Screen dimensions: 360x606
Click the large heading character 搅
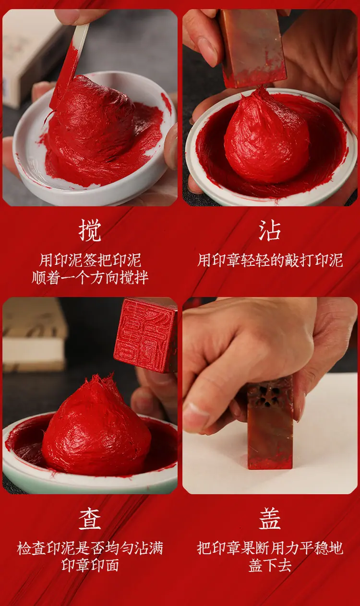[x=90, y=230]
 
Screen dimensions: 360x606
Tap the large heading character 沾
[x=270, y=230]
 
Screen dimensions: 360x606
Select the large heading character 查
[x=90, y=518]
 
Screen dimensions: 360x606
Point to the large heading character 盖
[x=270, y=518]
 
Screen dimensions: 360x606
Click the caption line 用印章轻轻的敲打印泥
[x=270, y=260]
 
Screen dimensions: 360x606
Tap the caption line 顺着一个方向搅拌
[x=90, y=277]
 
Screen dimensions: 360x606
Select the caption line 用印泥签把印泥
[x=90, y=260]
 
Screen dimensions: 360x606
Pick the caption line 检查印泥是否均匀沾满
[x=90, y=548]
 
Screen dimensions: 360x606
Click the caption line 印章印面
[x=90, y=565]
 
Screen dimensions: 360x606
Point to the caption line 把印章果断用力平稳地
[x=270, y=548]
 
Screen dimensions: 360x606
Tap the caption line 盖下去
[x=270, y=565]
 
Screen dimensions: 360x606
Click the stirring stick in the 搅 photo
[x=70, y=65]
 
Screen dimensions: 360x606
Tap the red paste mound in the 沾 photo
[x=266, y=138]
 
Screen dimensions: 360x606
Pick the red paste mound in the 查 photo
[x=96, y=428]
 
